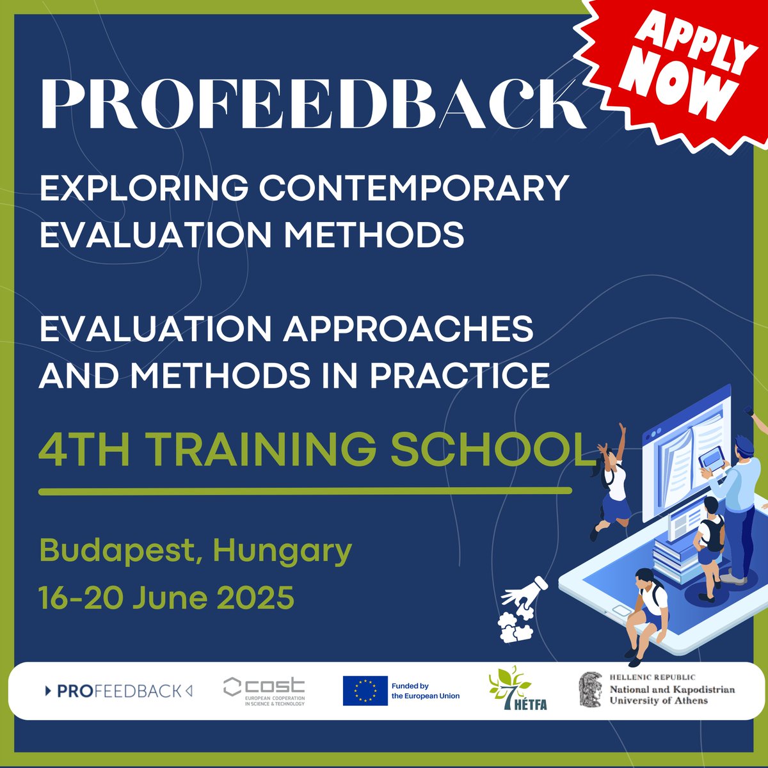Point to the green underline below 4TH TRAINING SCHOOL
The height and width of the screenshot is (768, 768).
point(305,492)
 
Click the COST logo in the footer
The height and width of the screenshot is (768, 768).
point(264,691)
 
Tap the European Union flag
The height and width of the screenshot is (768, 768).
point(365,691)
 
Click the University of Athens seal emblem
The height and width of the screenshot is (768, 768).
point(590,689)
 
